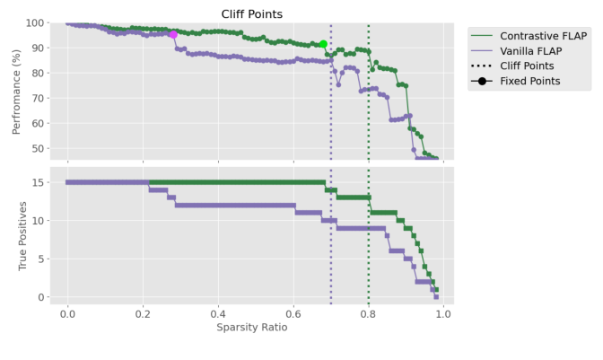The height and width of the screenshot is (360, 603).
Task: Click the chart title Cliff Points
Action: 252,14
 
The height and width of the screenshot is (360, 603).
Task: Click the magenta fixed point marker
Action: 173,34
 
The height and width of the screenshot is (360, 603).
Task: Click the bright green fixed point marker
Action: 323,44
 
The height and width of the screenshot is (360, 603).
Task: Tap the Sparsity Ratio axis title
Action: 252,327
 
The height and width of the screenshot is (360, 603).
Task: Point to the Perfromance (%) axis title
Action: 17,92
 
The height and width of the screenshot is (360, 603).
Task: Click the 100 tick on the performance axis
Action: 36,23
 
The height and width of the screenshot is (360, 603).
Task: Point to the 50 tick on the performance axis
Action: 39,149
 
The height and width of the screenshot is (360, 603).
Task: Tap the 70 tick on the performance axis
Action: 39,99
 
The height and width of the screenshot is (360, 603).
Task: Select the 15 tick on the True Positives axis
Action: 39,182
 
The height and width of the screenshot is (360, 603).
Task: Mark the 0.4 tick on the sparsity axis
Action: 218,312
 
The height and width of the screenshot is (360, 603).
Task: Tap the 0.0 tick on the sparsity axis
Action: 67,312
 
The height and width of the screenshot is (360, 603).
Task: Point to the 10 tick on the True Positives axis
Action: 39,221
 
